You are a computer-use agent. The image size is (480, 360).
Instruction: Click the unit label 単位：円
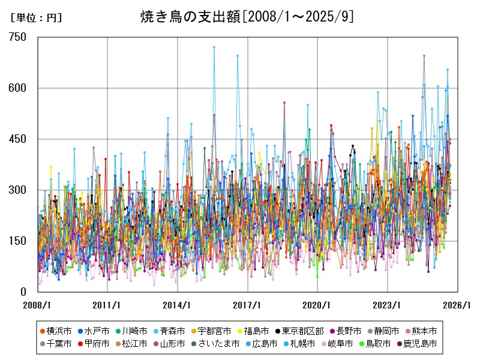tap(37, 18)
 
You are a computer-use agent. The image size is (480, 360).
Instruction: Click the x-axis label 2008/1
tap(37, 305)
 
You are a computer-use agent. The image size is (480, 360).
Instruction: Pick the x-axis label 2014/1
tap(178, 305)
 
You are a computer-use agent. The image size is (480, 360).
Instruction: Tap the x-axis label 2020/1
tap(318, 305)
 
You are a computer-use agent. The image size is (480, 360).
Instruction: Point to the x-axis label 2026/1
tap(458, 305)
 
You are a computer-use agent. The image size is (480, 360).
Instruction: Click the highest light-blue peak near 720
tap(214, 47)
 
